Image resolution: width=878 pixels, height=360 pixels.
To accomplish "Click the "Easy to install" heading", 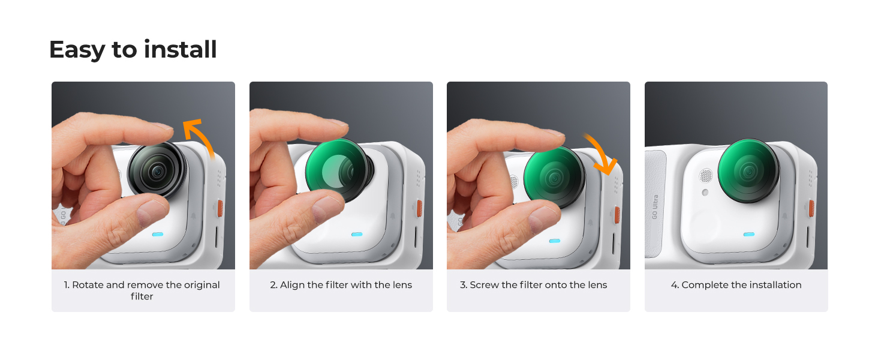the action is point(133,50).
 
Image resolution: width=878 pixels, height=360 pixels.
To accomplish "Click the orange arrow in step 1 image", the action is point(204,135).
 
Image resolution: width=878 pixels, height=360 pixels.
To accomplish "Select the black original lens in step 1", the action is point(157,170).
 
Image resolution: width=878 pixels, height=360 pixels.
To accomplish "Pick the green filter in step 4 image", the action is point(748,170).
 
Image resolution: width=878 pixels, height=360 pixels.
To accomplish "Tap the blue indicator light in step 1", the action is point(158,235).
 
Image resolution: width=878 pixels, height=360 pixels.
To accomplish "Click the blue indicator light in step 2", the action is point(357,235).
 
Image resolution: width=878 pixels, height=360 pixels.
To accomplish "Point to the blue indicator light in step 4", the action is point(749,235).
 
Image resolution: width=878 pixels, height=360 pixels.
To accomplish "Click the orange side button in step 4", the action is point(811,208).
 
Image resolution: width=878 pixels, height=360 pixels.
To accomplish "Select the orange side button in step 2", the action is point(419,208).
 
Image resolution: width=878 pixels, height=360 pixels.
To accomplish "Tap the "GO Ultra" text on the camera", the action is point(654,207).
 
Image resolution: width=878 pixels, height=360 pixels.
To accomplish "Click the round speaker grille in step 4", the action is point(706,176).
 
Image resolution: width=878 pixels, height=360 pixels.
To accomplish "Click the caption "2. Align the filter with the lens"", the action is point(341,285).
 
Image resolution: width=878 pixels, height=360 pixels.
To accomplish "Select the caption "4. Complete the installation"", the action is point(736,285).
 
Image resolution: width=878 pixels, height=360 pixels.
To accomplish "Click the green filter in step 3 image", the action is point(554,177).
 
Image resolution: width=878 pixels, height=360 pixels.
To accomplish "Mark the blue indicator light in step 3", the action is point(555,241).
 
